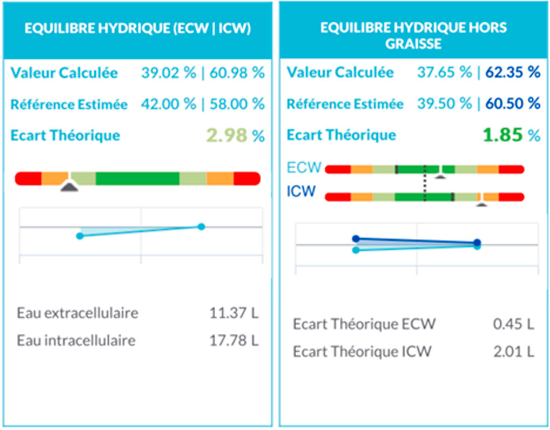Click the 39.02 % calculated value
pyautogui.click(x=168, y=73)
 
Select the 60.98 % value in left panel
pyautogui.click(x=237, y=73)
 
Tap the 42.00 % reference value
pyautogui.click(x=168, y=104)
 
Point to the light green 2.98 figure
pyautogui.click(x=226, y=136)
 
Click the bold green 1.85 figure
pyautogui.click(x=503, y=135)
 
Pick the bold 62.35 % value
pyautogui.click(x=512, y=72)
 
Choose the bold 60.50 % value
pyautogui.click(x=512, y=103)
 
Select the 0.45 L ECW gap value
pyautogui.click(x=514, y=324)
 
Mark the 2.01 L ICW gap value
pyautogui.click(x=514, y=352)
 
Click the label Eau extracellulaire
pyautogui.click(x=78, y=313)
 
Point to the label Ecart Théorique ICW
pyautogui.click(x=362, y=352)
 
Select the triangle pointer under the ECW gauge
pyautogui.click(x=441, y=176)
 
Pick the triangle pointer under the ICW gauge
pyautogui.click(x=482, y=205)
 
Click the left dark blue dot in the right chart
pyautogui.click(x=355, y=238)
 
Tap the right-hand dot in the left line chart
pyautogui.click(x=201, y=226)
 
